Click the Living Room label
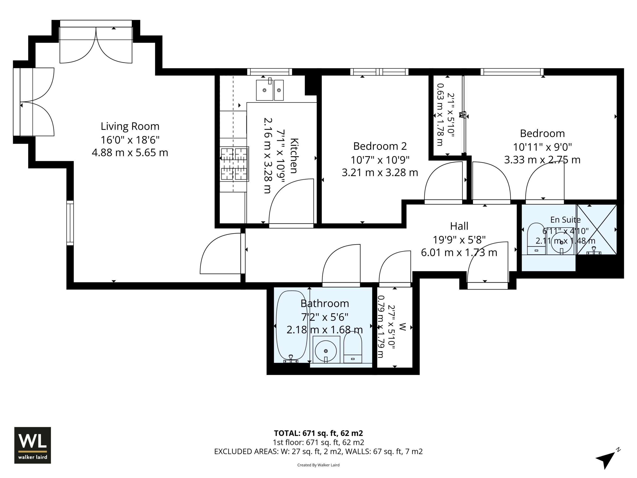pos(130,126)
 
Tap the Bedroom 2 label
pos(380,146)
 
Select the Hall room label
pos(459,226)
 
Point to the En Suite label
pos(565,220)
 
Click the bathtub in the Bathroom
pos(292,326)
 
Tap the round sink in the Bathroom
pos(326,350)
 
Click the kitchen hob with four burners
pos(234,164)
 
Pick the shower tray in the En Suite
pos(596,229)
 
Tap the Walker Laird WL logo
pos(33,445)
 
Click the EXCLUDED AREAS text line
pos(318,452)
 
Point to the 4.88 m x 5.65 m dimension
pos(130,152)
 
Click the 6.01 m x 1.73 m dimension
pos(459,252)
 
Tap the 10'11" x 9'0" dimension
pos(542,147)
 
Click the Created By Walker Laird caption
pos(318,465)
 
